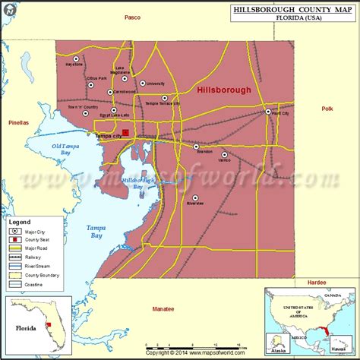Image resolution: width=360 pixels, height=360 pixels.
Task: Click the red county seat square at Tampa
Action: click(x=125, y=134)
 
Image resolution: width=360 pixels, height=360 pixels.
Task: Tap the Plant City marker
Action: click(x=268, y=112)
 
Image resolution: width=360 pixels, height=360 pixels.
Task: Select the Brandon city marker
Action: click(x=196, y=147)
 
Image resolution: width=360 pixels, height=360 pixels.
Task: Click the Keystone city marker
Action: click(x=75, y=58)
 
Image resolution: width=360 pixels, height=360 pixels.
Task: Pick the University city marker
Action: click(x=142, y=83)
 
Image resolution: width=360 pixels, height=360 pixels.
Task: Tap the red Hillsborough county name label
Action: click(x=223, y=90)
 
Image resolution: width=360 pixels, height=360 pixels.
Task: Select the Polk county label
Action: click(x=327, y=109)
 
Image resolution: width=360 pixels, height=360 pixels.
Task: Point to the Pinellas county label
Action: click(x=18, y=122)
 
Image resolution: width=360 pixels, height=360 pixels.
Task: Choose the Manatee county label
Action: click(x=163, y=308)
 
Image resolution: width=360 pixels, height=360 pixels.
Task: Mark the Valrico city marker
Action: click(x=224, y=154)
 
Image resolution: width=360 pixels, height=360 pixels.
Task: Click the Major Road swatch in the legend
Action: click(x=15, y=247)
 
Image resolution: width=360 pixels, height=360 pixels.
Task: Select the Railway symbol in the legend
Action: click(x=15, y=257)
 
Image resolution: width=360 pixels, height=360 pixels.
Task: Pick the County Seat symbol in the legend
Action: click(x=15, y=238)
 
